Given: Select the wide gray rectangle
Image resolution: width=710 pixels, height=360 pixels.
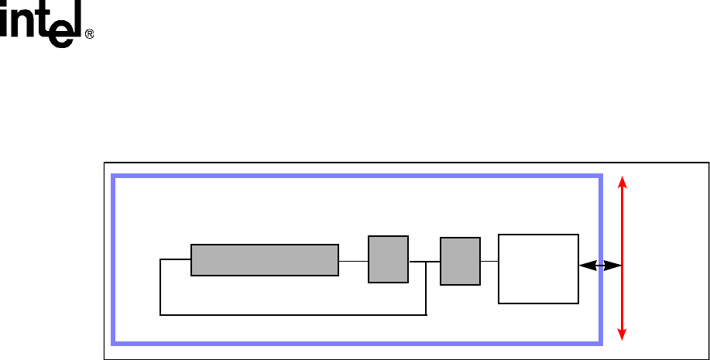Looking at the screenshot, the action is click(265, 260).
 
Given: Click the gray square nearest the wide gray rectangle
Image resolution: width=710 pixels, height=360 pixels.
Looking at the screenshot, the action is click(388, 259).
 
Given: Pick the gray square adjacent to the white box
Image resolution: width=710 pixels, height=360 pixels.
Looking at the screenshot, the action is click(460, 261).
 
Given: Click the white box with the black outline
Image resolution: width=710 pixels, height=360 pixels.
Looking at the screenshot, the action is click(538, 269).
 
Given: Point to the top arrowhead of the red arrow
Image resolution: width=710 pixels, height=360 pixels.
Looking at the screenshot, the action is click(622, 182).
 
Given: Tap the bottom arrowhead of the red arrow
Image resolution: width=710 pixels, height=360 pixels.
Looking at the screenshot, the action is click(622, 334).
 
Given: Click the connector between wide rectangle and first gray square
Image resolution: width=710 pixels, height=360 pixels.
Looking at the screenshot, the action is click(353, 260).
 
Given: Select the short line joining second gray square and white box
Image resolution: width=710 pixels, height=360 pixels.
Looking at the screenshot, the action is click(489, 261).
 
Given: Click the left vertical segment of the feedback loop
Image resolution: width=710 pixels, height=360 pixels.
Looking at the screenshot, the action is click(160, 287).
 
